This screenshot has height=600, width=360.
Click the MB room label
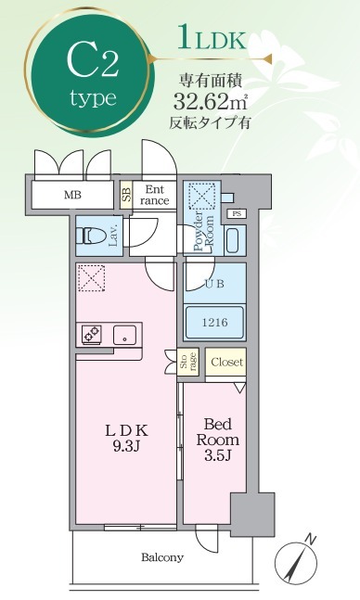(71, 196)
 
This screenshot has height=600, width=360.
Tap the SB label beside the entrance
(127, 195)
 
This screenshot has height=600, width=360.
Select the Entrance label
(155, 194)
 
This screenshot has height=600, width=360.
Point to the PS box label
(238, 214)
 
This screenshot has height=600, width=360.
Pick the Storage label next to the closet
(187, 363)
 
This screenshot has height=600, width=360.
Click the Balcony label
(162, 557)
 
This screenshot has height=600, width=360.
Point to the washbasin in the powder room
(232, 241)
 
